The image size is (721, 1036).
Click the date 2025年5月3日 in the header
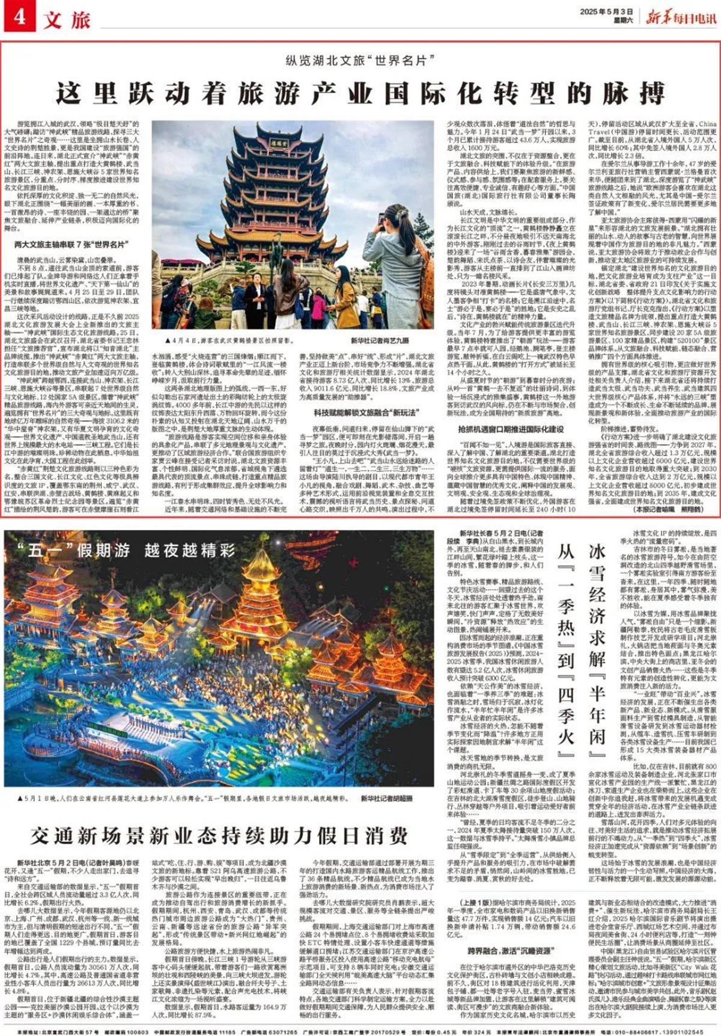click(605, 11)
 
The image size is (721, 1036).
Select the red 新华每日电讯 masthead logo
click(681, 16)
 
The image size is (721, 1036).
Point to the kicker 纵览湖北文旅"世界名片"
click(360, 61)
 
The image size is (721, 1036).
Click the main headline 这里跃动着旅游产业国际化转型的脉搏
click(360, 93)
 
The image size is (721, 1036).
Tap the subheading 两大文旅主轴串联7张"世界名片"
click(70, 245)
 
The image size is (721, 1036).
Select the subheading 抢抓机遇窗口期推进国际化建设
click(511, 429)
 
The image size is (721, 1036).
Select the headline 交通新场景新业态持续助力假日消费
click(219, 835)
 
